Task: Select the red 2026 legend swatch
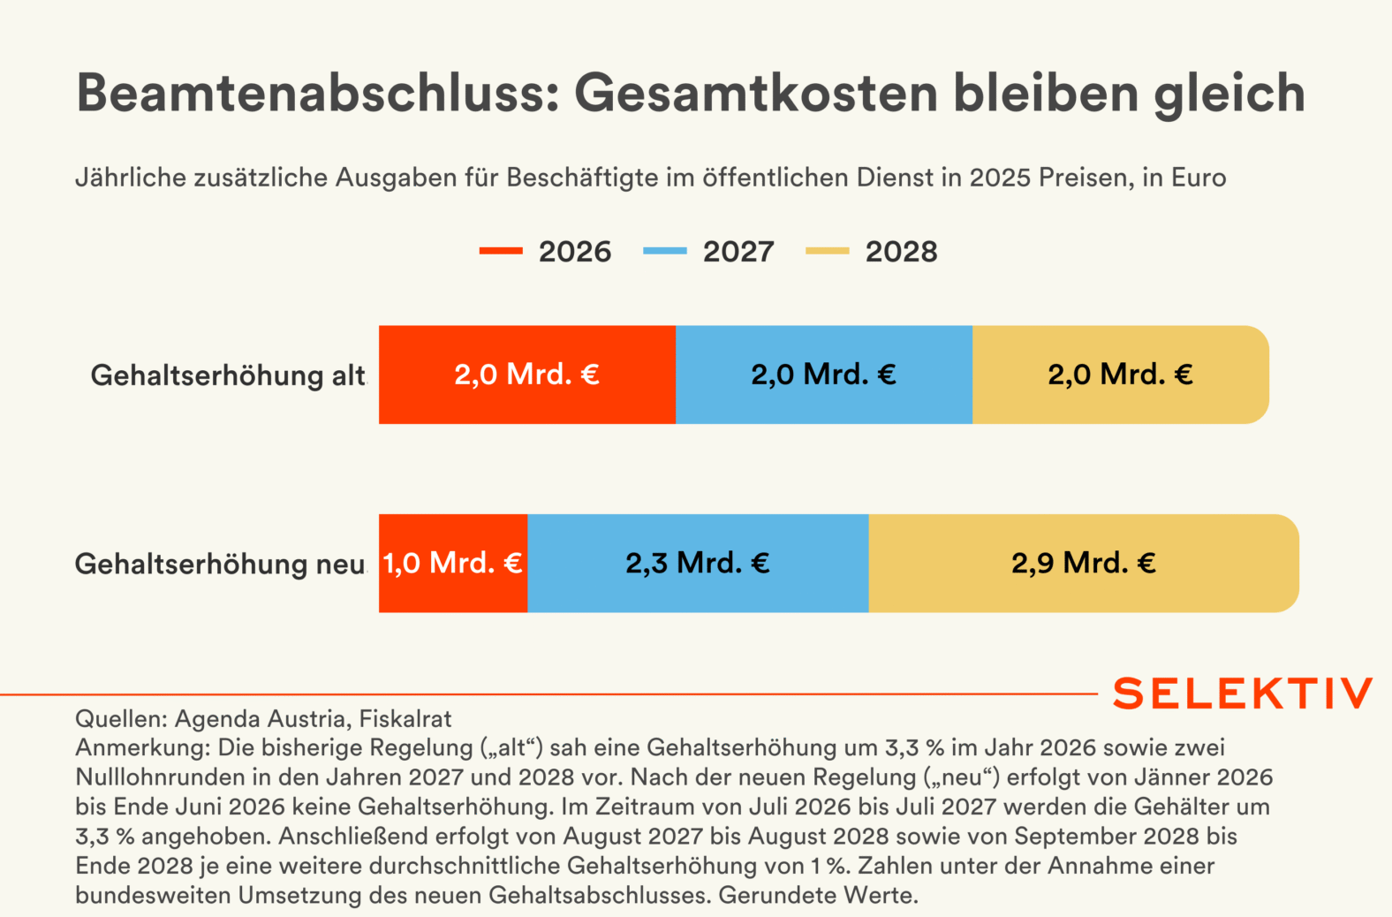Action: click(x=501, y=252)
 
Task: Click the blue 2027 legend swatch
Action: click(x=664, y=252)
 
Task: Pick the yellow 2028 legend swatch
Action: click(x=827, y=252)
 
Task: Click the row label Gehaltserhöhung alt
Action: click(x=228, y=375)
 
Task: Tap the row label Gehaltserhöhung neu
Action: click(x=220, y=564)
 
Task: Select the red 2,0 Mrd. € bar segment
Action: click(x=527, y=375)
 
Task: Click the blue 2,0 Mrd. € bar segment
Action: click(x=824, y=375)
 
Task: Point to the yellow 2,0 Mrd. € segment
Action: click(x=1120, y=375)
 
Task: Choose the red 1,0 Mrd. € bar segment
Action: click(x=453, y=563)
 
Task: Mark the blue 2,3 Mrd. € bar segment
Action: click(x=698, y=563)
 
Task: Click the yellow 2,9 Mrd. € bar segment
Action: click(x=1083, y=563)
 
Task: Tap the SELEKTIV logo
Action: click(x=1243, y=693)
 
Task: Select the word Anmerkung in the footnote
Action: click(x=142, y=748)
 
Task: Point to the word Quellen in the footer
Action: click(x=120, y=719)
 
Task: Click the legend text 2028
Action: click(x=901, y=252)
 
